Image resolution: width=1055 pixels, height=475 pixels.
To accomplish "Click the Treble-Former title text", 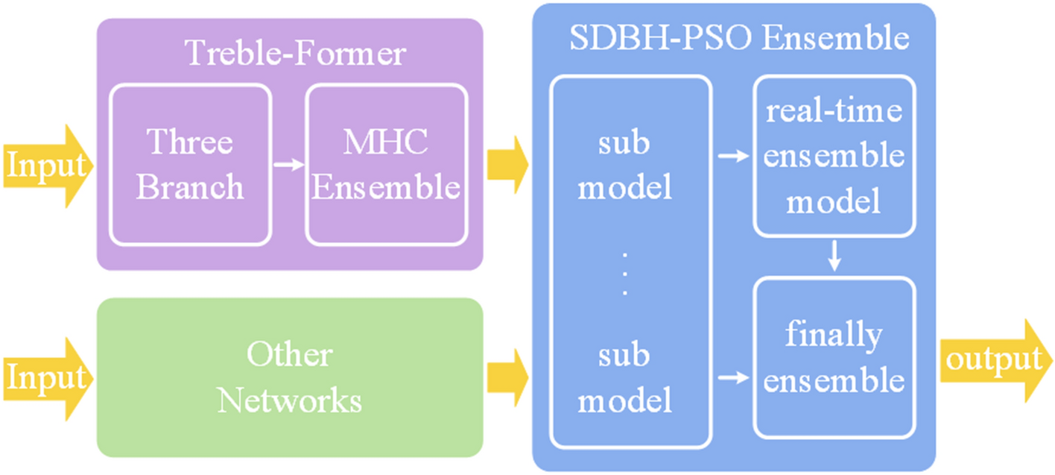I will tap(294, 54).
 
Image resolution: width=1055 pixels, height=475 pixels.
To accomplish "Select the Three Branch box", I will tap(190, 165).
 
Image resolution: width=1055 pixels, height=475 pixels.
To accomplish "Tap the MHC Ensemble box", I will tap(386, 165).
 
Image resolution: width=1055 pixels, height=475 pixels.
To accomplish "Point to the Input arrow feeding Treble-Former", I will tap(46, 166).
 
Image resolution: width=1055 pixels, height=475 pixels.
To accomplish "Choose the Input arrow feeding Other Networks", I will tap(46, 378).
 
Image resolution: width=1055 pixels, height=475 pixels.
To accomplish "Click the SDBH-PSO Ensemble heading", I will tap(739, 39).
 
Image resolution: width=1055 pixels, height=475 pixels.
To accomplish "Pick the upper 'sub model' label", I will tap(625, 166).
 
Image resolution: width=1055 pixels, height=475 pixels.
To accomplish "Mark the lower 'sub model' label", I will tap(625, 378).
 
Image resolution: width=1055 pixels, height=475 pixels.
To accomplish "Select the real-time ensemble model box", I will tap(834, 157).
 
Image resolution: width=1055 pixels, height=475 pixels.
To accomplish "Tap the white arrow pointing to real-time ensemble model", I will tap(732, 157).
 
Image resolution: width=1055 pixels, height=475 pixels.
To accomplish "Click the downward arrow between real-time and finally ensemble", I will tap(834, 257).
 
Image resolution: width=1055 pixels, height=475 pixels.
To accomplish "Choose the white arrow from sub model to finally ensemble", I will tap(732, 379).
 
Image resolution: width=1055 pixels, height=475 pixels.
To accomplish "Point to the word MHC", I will tap(385, 142).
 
